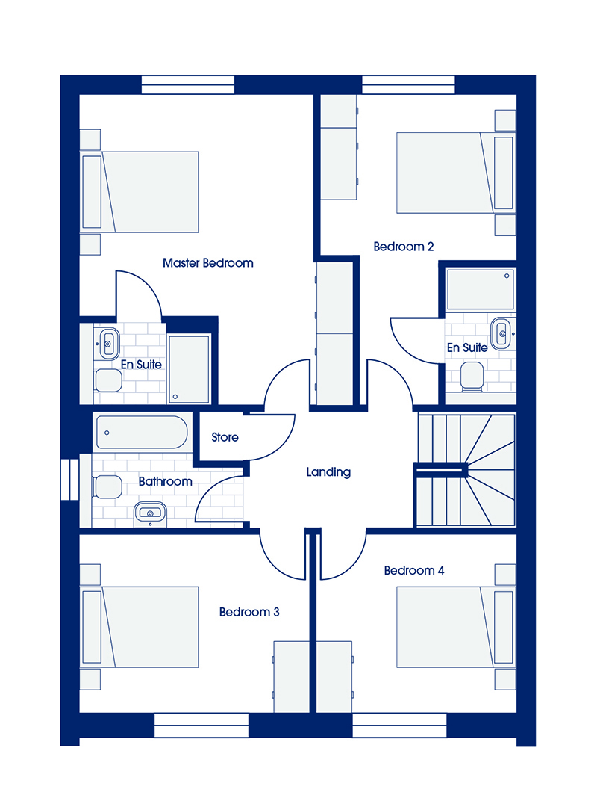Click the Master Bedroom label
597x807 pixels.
[207, 263]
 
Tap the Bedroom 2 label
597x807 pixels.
[404, 247]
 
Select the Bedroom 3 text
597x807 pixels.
[249, 612]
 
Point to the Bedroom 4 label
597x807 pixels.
[414, 570]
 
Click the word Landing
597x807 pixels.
[328, 472]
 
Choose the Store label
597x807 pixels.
[225, 437]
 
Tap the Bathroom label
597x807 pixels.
[165, 481]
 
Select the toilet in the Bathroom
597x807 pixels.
[107, 487]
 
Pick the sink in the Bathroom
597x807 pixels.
[150, 514]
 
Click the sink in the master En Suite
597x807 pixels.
[107, 343]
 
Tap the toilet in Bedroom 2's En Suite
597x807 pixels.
[472, 376]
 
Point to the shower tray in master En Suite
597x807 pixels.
[190, 368]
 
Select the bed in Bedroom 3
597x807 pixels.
[140, 628]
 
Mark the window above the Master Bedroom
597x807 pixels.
[188, 85]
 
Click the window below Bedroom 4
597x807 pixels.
[399, 725]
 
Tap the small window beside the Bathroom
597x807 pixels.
[69, 479]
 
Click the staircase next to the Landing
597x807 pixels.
[466, 470]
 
